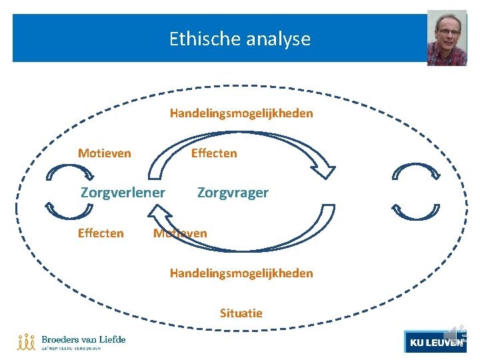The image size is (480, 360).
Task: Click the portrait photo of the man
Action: [446, 38]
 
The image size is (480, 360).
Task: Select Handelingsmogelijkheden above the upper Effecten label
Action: [241, 113]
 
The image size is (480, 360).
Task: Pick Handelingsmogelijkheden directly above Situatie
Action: [241, 273]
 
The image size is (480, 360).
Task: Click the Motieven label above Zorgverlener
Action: [104, 153]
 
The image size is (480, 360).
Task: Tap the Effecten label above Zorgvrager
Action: [214, 153]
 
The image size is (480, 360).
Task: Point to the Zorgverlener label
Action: [123, 193]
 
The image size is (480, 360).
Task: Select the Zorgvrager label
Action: [233, 193]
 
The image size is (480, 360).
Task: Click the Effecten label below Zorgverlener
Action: [101, 233]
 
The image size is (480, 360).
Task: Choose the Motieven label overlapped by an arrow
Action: [180, 233]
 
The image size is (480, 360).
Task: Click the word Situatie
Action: [241, 313]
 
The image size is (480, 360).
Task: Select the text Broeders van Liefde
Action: [83, 339]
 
